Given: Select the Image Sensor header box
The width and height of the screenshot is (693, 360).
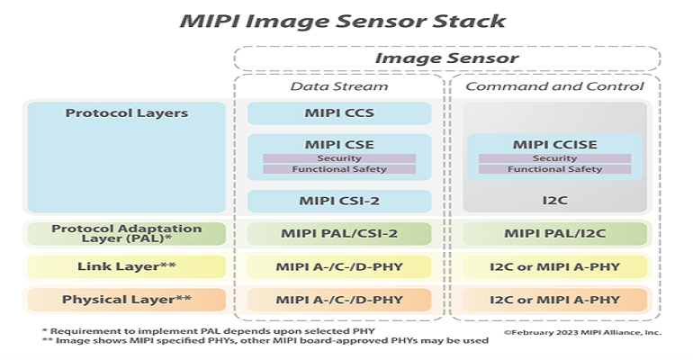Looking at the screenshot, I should [446, 58].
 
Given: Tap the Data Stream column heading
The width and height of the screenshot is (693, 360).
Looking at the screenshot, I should [339, 86].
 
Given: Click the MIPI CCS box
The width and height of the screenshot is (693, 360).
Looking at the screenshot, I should [339, 114].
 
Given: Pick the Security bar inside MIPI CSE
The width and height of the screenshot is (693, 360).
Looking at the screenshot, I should [339, 158].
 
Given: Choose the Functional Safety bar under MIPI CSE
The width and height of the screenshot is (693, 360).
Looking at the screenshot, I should [339, 169].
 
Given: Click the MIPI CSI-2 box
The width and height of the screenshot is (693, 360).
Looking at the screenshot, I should [339, 200].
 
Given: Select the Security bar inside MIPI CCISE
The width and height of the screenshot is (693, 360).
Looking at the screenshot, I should [555, 158].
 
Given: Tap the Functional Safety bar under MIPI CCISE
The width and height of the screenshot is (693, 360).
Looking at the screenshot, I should [555, 169].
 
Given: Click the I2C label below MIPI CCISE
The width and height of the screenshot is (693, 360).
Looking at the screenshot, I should [555, 200].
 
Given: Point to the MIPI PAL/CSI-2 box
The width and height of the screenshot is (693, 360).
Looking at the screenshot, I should [339, 234].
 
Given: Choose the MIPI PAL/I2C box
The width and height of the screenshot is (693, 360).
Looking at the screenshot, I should [555, 234].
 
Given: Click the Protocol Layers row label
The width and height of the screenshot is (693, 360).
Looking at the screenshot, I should [127, 114].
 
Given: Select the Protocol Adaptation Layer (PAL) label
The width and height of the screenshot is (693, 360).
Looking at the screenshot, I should [127, 234].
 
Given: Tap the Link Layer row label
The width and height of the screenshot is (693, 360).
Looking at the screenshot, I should [127, 266].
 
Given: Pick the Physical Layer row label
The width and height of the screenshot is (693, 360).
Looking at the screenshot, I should [127, 299].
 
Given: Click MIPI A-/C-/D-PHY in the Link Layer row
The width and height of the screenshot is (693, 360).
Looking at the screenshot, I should [339, 266].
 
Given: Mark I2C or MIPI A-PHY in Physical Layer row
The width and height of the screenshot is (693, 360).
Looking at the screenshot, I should [555, 299].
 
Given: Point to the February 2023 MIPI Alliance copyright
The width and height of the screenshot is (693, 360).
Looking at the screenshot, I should [581, 332].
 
